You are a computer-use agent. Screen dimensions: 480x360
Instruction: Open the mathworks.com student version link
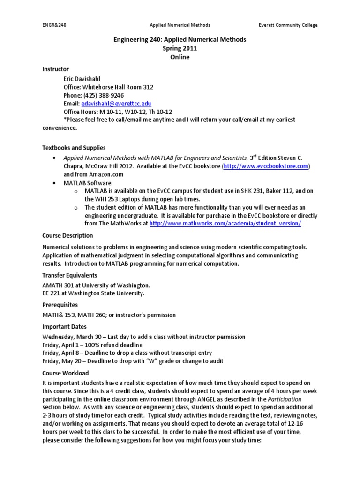click(x=225, y=224)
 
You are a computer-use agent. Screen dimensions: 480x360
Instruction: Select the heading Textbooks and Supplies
click(x=74, y=148)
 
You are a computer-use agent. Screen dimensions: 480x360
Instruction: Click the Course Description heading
click(x=67, y=235)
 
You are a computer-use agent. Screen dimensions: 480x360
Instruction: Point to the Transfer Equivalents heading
click(x=70, y=275)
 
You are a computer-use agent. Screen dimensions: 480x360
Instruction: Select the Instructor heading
click(x=55, y=69)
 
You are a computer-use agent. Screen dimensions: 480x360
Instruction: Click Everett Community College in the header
click(x=288, y=25)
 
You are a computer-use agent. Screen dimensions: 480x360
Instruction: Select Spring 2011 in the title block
click(x=180, y=48)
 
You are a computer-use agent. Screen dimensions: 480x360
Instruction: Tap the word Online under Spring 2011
click(x=180, y=57)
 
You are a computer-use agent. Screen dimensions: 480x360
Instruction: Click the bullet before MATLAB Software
click(x=56, y=183)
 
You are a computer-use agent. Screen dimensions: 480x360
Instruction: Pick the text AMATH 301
click(x=57, y=285)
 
